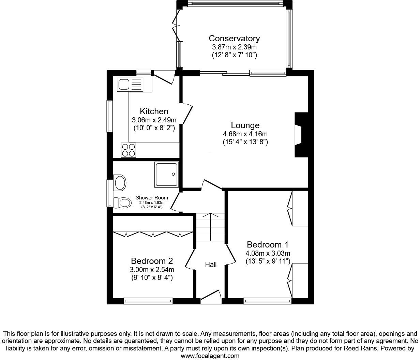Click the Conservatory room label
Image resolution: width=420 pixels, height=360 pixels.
[x=234, y=38]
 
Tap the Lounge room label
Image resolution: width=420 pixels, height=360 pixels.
[x=245, y=125]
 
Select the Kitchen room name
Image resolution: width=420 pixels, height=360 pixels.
[x=154, y=111]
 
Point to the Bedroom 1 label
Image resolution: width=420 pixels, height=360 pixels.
[x=268, y=245]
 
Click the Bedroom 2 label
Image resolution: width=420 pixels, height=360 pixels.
[x=152, y=261]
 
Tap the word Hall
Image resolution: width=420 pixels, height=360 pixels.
[x=211, y=265]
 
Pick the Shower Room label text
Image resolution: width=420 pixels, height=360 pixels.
[x=152, y=198]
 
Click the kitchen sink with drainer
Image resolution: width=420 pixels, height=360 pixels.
[x=130, y=84]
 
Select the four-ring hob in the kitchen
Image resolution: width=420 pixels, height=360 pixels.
[x=129, y=150]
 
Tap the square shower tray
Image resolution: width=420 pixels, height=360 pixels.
[x=166, y=174]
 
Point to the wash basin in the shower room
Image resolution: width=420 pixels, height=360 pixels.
[x=120, y=183]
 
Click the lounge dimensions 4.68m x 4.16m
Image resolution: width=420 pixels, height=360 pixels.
[x=245, y=134]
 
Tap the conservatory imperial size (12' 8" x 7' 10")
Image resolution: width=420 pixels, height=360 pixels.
[x=234, y=55]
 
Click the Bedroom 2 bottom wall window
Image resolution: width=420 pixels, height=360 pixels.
[x=148, y=301]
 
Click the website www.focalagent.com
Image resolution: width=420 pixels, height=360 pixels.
[x=210, y=356]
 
